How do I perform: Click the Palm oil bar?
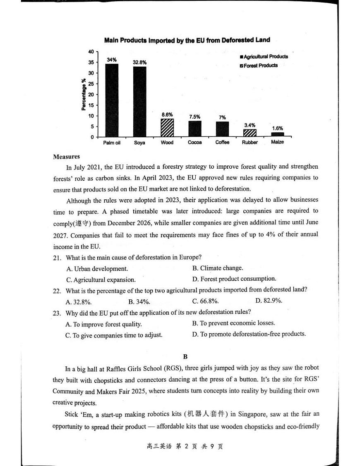(112, 100)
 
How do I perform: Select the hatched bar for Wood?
(167, 128)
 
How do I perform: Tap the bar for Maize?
(277, 134)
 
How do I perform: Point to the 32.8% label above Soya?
(139, 62)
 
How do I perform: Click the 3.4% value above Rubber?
(250, 125)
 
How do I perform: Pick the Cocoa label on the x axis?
(195, 143)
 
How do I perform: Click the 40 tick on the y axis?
(91, 52)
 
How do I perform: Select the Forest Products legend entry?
(259, 66)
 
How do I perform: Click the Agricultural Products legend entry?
(264, 57)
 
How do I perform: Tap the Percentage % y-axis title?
(84, 94)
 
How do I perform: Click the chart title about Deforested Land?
(187, 40)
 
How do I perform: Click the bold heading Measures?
(66, 157)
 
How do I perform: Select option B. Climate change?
(218, 268)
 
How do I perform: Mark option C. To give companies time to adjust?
(114, 335)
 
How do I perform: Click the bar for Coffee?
(222, 129)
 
